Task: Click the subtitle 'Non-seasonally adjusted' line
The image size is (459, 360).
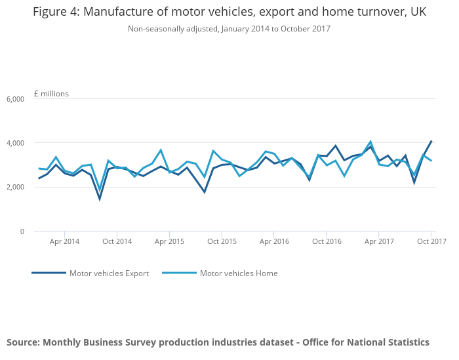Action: pos(229,29)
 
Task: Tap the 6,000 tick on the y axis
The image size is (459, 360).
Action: pos(15,99)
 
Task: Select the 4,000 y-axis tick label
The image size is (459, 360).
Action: pos(15,143)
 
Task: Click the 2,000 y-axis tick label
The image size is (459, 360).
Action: pos(15,188)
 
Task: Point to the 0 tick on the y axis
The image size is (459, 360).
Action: pos(22,231)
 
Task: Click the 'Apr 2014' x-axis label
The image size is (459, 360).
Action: pos(64,241)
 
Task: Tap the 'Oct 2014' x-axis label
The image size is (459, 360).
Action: pos(117,241)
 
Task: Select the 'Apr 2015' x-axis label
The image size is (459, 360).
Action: pos(169,241)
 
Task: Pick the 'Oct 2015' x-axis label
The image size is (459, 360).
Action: pos(222,241)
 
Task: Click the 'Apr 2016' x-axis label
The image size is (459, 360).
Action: pos(274,241)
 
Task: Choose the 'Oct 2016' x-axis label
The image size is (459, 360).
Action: pos(327,241)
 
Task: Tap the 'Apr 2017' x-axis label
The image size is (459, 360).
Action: pos(379,241)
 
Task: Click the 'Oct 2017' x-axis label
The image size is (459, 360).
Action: pos(431,241)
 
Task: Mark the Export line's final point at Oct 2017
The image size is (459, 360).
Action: pos(431,141)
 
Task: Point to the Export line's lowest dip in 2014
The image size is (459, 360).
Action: pos(100,199)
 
